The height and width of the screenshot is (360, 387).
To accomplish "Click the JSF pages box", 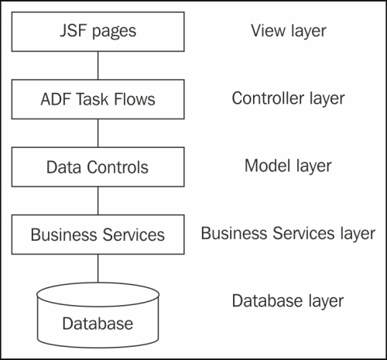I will pos(98,32).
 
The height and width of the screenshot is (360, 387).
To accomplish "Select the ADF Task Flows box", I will pos(98,99).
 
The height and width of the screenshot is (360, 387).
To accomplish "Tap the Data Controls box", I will pos(98,166).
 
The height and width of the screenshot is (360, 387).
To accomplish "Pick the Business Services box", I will pos(98,234).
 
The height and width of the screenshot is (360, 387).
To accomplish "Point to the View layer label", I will pos(288,31).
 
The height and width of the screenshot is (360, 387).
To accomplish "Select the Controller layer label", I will pos(288,98).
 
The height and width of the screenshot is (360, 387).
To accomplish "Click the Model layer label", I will pos(288,165).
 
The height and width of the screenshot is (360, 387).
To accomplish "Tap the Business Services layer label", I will pos(288,232).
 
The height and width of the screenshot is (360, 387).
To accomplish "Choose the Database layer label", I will pos(288,300).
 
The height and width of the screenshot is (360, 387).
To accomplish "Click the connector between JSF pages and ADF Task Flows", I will pos(98,65).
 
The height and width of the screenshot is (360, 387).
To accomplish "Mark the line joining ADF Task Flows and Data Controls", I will pos(98,132).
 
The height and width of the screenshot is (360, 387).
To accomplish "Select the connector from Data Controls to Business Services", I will pos(98,200).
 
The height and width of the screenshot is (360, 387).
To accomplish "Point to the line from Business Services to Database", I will pos(98,267).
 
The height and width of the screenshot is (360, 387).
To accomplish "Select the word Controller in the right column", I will pos(266,98).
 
